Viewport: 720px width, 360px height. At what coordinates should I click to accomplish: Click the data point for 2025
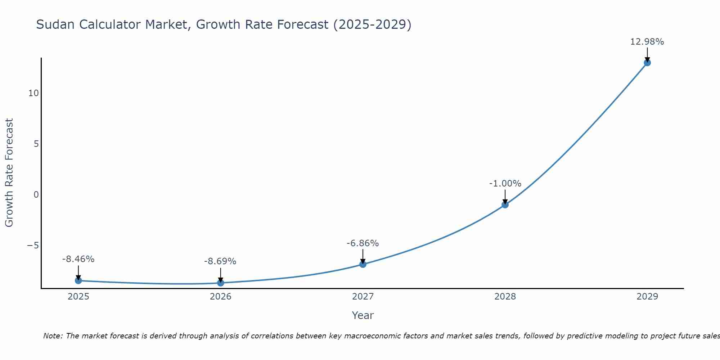pyautogui.click(x=78, y=280)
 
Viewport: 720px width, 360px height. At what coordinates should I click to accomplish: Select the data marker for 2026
pyautogui.click(x=221, y=283)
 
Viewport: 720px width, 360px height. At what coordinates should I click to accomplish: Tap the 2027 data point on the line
pyautogui.click(x=363, y=264)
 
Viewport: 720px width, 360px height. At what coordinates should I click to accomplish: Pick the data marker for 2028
pyautogui.click(x=505, y=205)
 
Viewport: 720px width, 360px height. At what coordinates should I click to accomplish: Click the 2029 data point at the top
pyautogui.click(x=647, y=63)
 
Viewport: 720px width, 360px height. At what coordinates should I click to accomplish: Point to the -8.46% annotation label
pyautogui.click(x=78, y=259)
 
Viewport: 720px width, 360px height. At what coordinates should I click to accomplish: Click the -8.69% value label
pyautogui.click(x=220, y=261)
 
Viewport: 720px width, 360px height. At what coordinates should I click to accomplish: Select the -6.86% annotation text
pyautogui.click(x=363, y=243)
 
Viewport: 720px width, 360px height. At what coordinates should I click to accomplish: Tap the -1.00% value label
pyautogui.click(x=505, y=184)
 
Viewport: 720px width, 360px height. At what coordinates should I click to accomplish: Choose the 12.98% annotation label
pyautogui.click(x=647, y=42)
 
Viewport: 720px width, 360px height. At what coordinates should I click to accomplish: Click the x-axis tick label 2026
pyautogui.click(x=221, y=297)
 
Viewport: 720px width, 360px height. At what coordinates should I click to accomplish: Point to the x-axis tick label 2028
pyautogui.click(x=505, y=297)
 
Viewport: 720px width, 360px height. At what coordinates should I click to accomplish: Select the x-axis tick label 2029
pyautogui.click(x=647, y=297)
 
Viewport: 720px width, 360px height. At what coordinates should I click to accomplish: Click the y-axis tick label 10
pyautogui.click(x=33, y=93)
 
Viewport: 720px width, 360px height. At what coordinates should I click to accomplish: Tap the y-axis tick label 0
pyautogui.click(x=36, y=195)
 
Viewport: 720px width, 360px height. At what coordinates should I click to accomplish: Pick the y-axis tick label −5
pyautogui.click(x=33, y=246)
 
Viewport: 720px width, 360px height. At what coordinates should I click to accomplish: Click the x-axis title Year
pyautogui.click(x=363, y=315)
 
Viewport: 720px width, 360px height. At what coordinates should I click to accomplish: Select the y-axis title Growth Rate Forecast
pyautogui.click(x=9, y=173)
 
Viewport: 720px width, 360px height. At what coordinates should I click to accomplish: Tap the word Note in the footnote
pyautogui.click(x=53, y=336)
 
